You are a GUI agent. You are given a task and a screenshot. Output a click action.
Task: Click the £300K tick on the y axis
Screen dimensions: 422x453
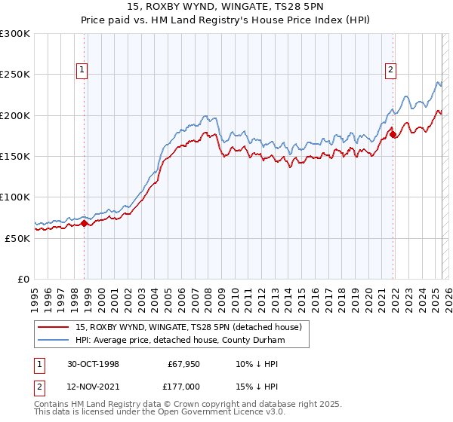(x=15, y=34)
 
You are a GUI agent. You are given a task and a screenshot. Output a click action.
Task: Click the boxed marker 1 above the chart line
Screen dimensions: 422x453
(x=82, y=71)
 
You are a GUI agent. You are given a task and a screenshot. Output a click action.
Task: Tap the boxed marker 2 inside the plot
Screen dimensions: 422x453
(x=391, y=71)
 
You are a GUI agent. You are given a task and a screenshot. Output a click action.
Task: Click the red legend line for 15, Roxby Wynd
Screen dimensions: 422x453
(x=54, y=327)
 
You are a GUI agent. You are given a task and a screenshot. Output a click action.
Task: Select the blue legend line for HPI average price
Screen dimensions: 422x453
(x=54, y=341)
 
